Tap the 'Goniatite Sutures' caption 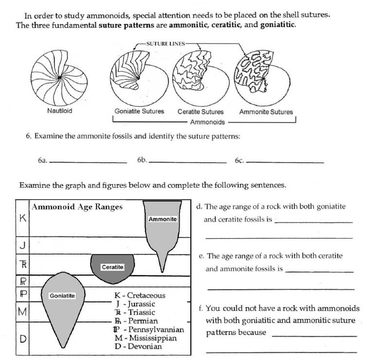(x=139, y=111)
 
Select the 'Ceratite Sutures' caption (x=201, y=111)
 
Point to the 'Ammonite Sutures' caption (x=266, y=111)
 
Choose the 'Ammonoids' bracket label (x=207, y=122)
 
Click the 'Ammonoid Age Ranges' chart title (x=77, y=207)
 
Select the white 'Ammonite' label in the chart (x=163, y=219)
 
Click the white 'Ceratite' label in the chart (x=112, y=267)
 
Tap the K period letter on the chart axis (x=22, y=218)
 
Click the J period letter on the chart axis (x=22, y=246)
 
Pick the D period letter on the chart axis (x=22, y=338)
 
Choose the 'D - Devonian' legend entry (x=138, y=346)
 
